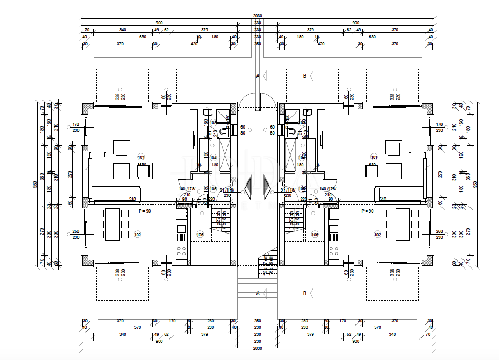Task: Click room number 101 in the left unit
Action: tap(141, 157)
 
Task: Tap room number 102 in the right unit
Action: tap(377, 234)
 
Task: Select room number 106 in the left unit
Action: tap(200, 234)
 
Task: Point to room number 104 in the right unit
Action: tap(302, 157)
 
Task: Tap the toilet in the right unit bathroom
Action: tap(290, 130)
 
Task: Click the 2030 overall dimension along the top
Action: tap(258, 16)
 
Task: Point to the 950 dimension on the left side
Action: tap(35, 184)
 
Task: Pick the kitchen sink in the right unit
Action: tap(333, 233)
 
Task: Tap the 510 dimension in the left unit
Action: tap(131, 199)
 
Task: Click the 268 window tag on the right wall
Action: tap(439, 232)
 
